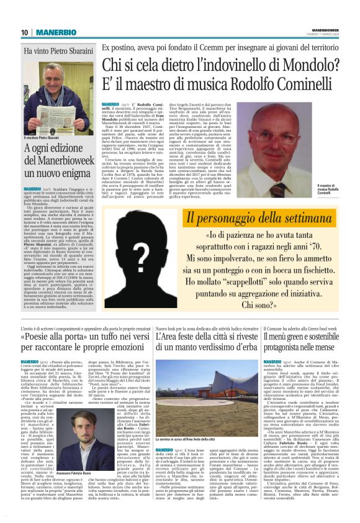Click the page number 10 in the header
point(24,32)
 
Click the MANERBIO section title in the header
point(50,32)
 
